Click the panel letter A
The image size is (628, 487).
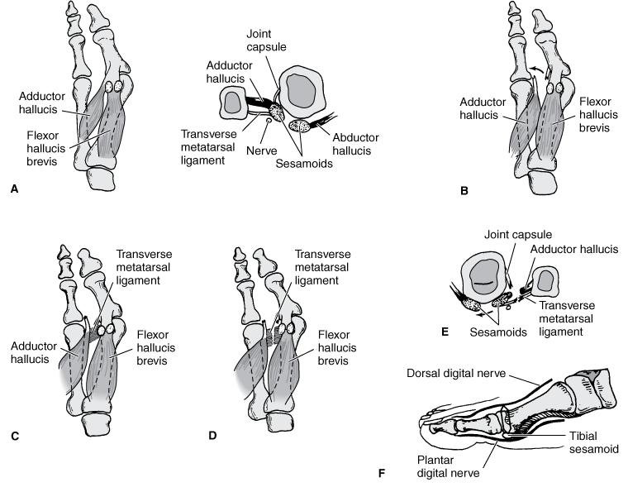(14, 189)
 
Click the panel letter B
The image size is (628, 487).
(464, 191)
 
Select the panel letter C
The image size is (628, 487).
(14, 433)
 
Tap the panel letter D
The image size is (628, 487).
(212, 433)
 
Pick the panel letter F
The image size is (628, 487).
(381, 474)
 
